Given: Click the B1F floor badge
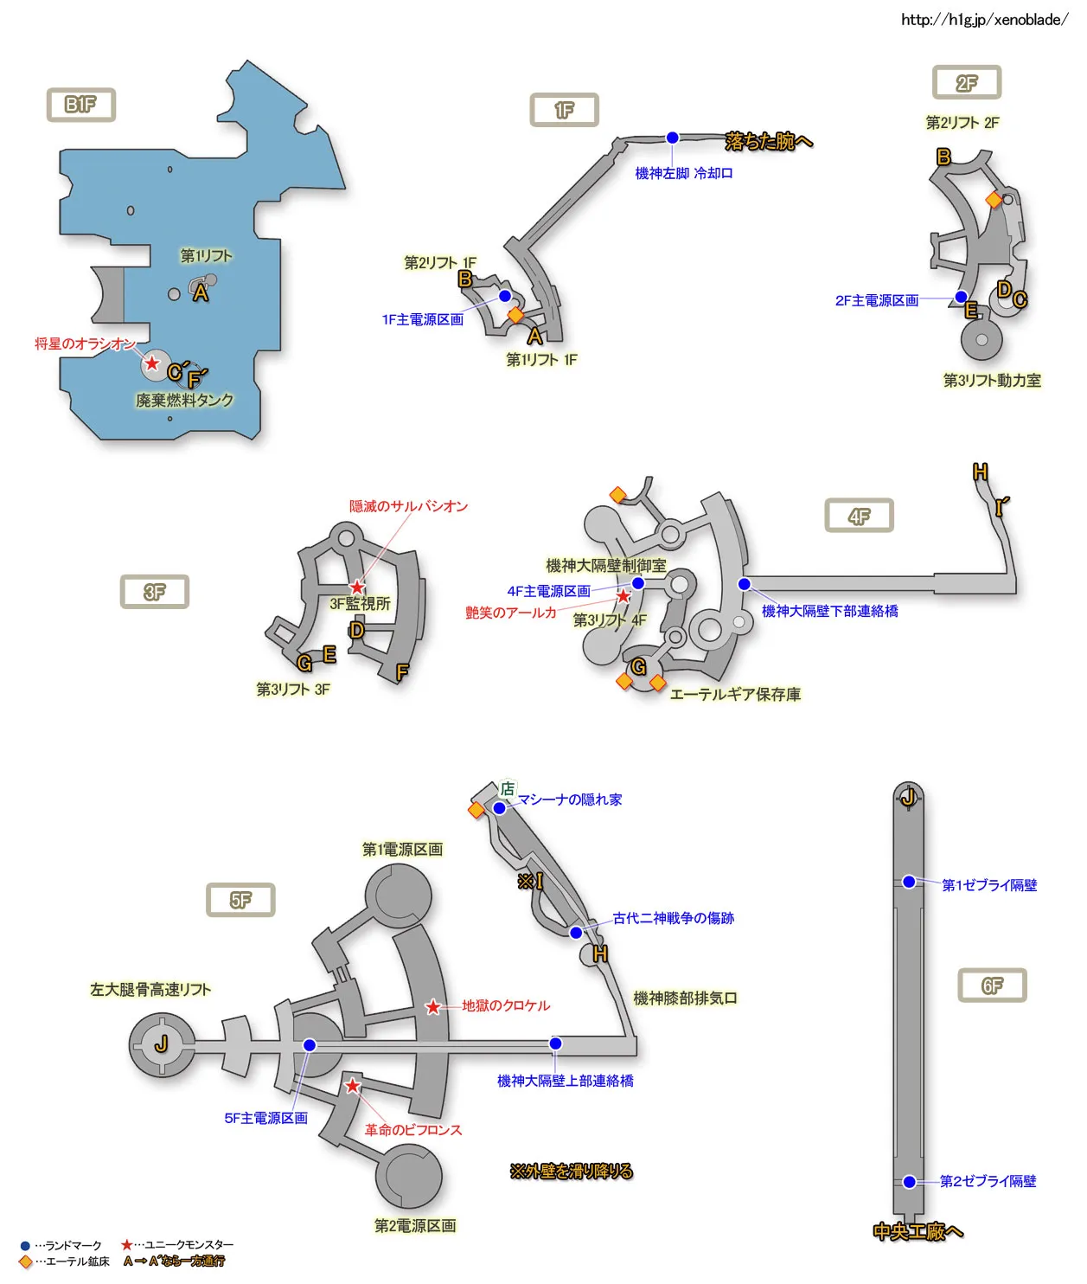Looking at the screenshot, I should click(x=80, y=105).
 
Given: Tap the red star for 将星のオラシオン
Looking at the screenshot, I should click(x=152, y=363).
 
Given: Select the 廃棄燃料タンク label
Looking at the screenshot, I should click(x=184, y=400).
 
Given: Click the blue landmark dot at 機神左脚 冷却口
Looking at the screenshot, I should click(x=672, y=138).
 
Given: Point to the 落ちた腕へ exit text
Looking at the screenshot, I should click(x=769, y=141).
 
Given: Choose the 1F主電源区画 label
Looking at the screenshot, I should click(x=423, y=319).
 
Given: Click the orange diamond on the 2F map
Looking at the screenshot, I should click(x=994, y=200).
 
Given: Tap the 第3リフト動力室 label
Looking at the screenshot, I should click(x=992, y=380).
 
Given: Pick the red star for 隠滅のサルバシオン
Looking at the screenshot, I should click(x=357, y=587).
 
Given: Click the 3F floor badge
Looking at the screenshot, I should click(x=154, y=592).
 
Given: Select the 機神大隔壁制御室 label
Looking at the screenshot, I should click(x=606, y=565).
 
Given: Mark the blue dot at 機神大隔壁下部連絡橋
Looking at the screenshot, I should click(x=744, y=584).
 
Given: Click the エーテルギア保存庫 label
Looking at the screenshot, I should click(x=735, y=694).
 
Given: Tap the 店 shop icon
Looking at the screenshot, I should click(x=508, y=788).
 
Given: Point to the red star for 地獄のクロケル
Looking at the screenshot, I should click(x=433, y=1007).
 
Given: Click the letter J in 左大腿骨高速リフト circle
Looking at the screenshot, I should click(x=162, y=1044).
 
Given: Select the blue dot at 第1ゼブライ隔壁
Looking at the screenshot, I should click(x=909, y=882).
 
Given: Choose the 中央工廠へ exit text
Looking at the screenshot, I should click(x=918, y=1231).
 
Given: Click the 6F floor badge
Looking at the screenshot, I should click(x=992, y=985).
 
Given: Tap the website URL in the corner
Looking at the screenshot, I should click(x=984, y=20).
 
